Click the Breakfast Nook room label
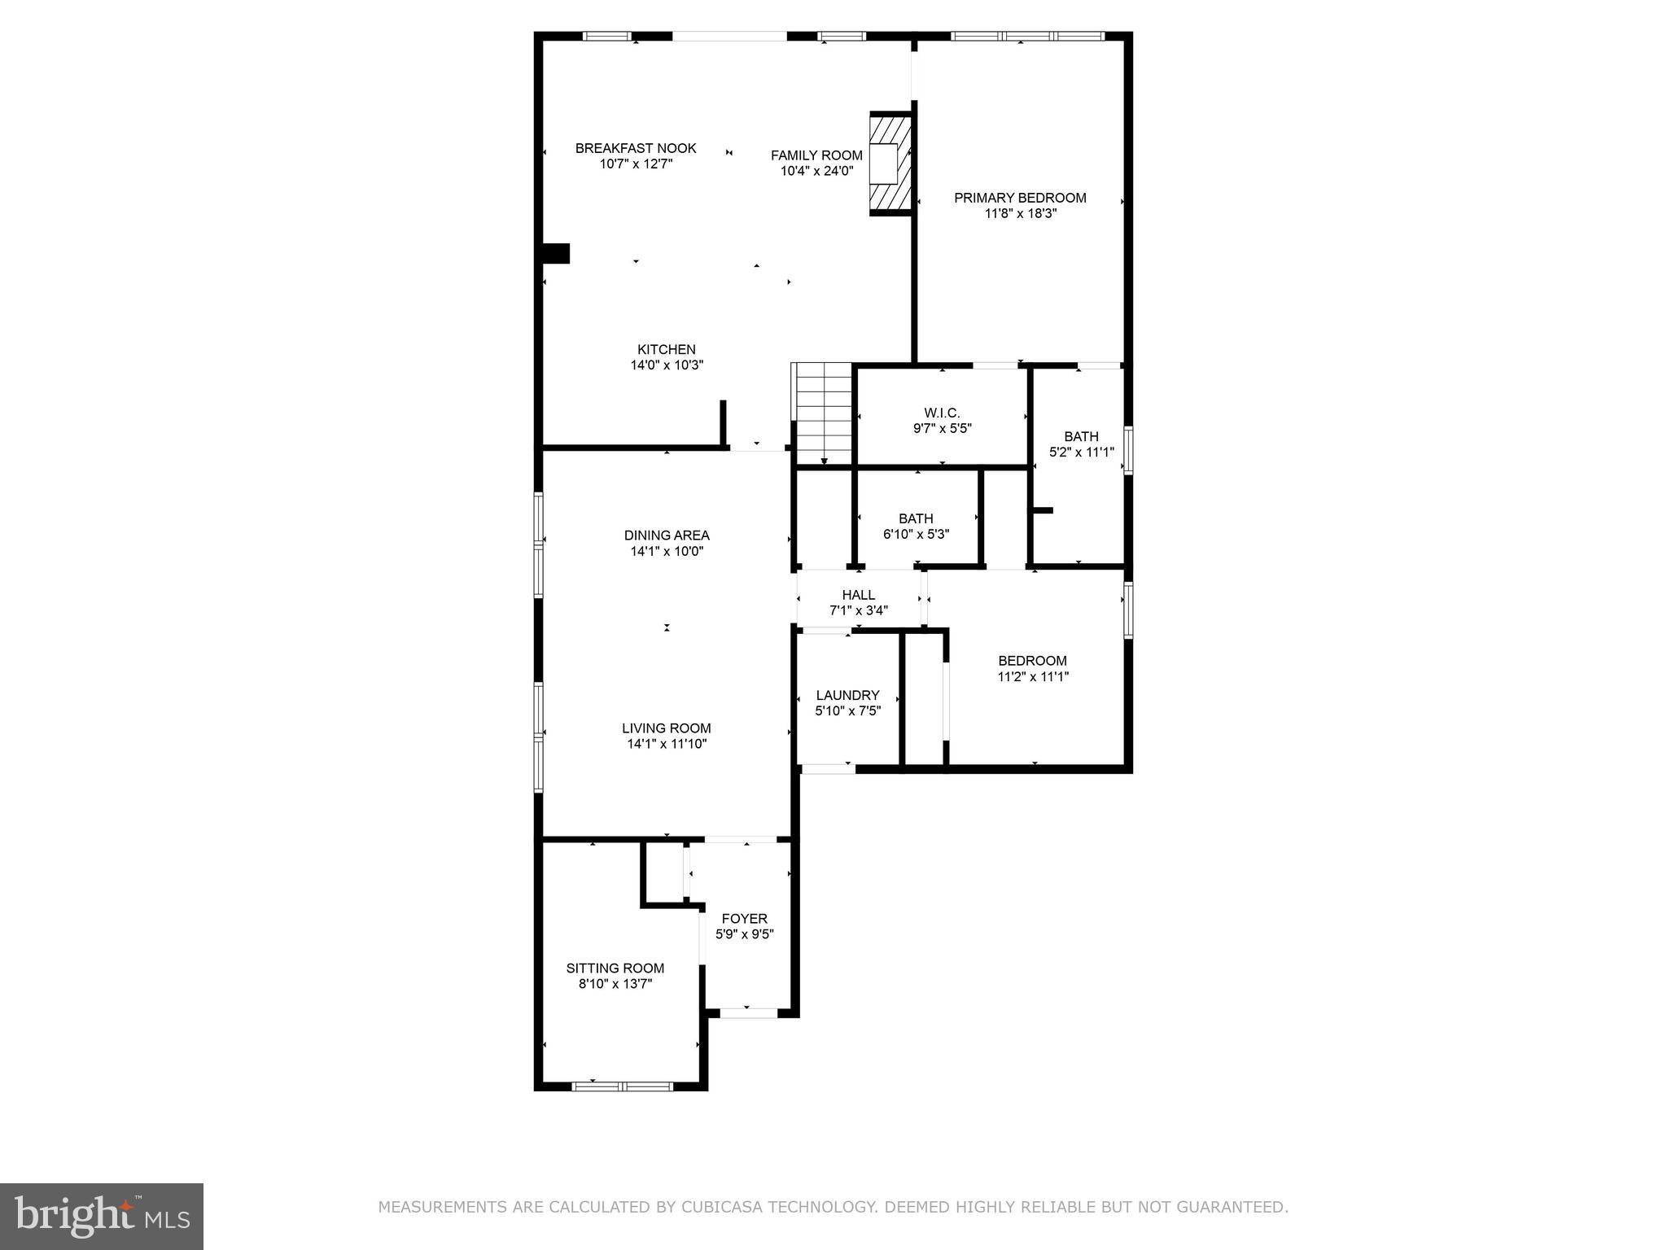635,148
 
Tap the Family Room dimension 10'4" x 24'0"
816,171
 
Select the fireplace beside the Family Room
888,164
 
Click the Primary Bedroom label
1020,198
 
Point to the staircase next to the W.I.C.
823,413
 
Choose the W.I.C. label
942,413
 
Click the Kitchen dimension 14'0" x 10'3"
666,365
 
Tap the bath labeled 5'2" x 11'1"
1081,444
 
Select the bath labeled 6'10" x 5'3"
916,527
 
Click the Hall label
858,595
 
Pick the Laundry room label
847,695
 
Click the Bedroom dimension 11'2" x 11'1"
1032,676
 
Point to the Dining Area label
667,535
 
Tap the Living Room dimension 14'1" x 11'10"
667,744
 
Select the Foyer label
744,919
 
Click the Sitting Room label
615,968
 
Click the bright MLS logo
102,1216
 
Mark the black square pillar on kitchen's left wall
556,253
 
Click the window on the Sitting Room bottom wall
623,1086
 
